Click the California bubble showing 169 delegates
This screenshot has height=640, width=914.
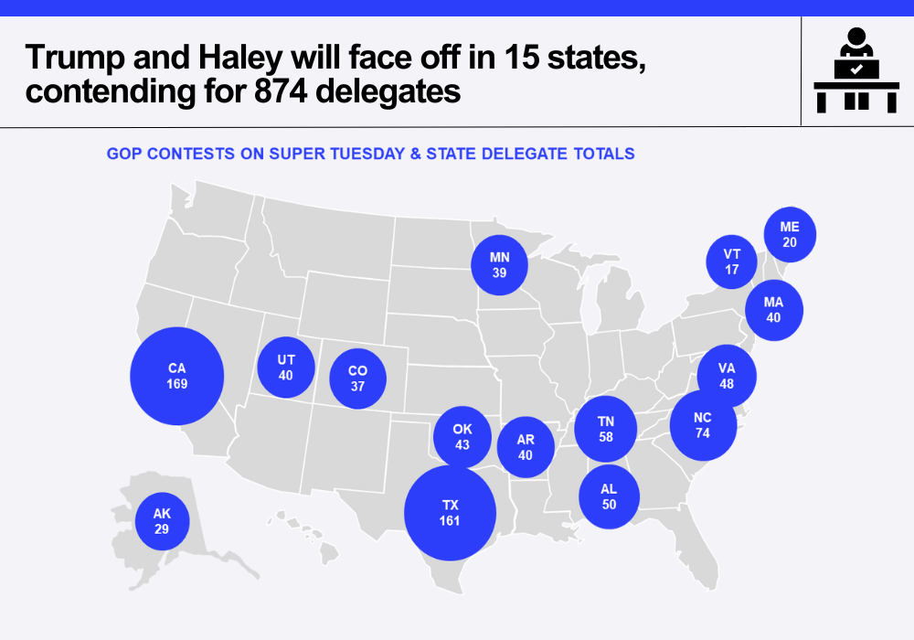(x=177, y=376)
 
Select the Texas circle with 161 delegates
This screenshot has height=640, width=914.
(x=450, y=513)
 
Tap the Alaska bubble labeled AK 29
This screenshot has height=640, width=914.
(x=162, y=521)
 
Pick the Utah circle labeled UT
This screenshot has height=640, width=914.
(x=286, y=367)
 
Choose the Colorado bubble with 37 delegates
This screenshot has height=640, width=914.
(x=357, y=379)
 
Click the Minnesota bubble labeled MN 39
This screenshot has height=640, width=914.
(x=499, y=265)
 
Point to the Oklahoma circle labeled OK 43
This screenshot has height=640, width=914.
(x=462, y=437)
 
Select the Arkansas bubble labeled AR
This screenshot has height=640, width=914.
(x=526, y=447)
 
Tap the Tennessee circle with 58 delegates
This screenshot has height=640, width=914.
(x=605, y=429)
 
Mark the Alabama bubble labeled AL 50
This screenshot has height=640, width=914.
(x=609, y=496)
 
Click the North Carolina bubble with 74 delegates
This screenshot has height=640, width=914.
(x=703, y=425)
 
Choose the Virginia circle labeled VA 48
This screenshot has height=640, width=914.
(x=727, y=377)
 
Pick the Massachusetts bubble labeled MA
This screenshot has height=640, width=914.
(x=774, y=309)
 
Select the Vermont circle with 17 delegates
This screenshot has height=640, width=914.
(x=732, y=261)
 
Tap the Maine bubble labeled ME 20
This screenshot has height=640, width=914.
(x=790, y=235)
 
